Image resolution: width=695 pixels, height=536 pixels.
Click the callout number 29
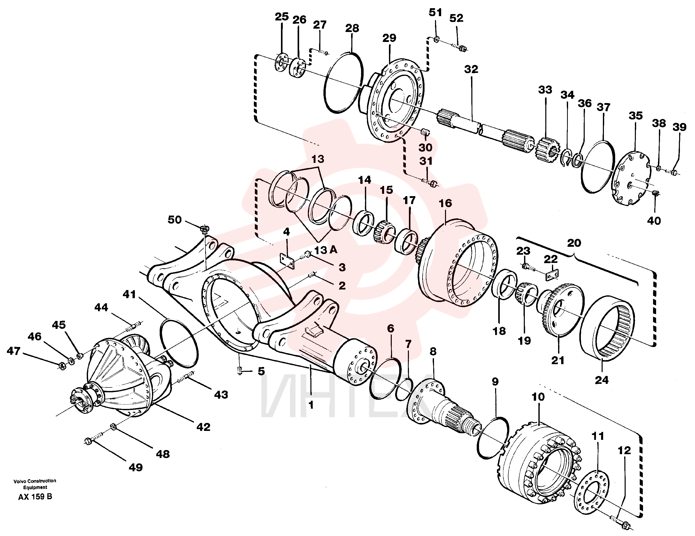pos(389,38)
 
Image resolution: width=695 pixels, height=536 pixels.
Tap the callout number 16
pos(445,203)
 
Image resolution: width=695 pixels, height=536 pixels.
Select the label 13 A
pos(326,250)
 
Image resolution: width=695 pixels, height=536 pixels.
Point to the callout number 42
pos(203,427)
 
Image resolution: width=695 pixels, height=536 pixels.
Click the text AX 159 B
pos(35,497)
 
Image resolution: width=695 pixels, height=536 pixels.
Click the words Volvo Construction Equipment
pos(35,484)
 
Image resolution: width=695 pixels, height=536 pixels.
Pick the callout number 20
pos(574,243)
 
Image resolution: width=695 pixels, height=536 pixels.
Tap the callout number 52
pos(456,18)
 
